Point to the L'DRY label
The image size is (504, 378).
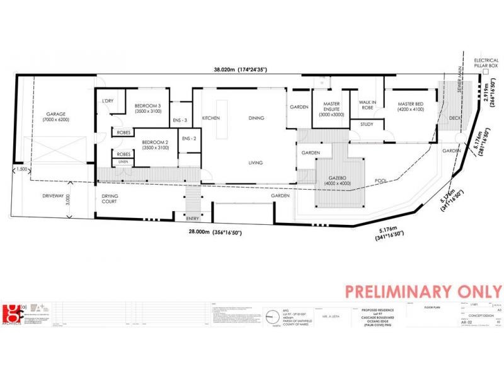coord(106,101)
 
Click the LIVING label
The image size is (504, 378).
coord(255,163)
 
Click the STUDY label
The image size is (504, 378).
coord(367,124)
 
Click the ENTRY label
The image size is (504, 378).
coord(193,218)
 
